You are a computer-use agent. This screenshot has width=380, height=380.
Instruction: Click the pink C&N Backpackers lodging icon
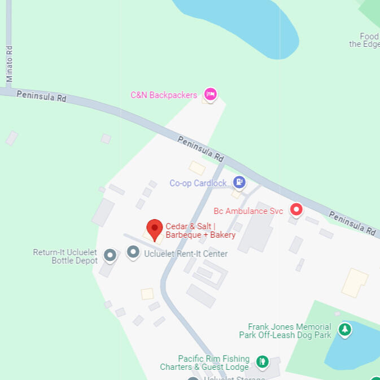coord(211,94)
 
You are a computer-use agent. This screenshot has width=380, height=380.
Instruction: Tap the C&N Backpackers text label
coord(164,95)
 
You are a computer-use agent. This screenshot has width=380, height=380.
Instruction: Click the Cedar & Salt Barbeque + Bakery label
coord(200,230)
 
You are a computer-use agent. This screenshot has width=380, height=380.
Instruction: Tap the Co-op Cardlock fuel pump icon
coord(239,182)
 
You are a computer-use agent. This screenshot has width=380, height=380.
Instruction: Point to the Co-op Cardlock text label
coord(198,183)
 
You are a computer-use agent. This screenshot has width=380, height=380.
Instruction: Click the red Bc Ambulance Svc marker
coord(296,210)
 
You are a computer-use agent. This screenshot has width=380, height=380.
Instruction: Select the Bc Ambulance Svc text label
coord(248,211)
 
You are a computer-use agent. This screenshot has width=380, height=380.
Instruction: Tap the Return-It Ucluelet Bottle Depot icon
coord(110,256)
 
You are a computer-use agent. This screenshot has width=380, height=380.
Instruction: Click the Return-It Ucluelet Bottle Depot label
coord(65,256)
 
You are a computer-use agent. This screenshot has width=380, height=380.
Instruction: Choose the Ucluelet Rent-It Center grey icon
coord(133,252)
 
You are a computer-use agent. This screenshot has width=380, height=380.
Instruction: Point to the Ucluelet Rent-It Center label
coord(186,254)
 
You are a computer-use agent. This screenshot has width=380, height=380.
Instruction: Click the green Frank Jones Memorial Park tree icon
coord(344,329)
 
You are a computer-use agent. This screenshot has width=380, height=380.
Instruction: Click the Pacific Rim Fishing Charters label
coord(205,362)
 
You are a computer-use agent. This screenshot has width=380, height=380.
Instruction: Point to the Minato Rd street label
coord(9,63)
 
